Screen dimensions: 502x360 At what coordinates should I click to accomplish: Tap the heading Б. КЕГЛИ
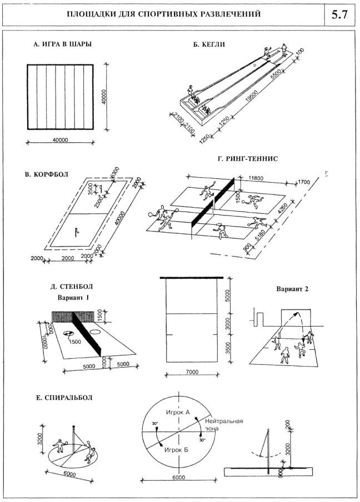tap(209, 44)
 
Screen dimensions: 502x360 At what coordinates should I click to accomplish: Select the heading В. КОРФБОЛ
tap(47, 174)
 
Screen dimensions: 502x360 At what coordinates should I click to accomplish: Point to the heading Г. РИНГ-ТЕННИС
tap(249, 159)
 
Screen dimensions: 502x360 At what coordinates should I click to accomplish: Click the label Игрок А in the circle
tap(178, 413)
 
